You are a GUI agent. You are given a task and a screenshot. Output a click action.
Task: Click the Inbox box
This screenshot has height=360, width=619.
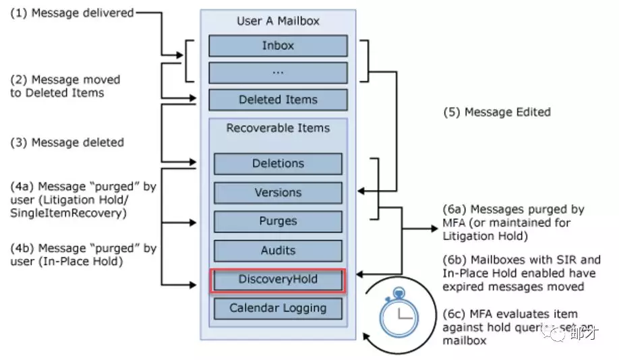[x=278, y=46]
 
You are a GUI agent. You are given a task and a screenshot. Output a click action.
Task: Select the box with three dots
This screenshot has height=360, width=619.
[x=278, y=72]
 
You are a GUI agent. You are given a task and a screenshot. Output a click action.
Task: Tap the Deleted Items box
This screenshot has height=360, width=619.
[x=278, y=100]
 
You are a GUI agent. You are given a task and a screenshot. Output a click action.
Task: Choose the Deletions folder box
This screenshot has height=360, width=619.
[x=278, y=164]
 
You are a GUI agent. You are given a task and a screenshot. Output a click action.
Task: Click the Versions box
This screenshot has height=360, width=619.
[x=278, y=193]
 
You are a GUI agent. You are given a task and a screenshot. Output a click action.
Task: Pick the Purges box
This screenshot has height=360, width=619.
[x=278, y=221]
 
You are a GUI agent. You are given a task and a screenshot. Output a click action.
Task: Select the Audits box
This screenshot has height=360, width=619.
[x=278, y=251]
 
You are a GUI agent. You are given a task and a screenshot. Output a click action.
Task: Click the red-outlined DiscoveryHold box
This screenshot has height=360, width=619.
[x=278, y=280]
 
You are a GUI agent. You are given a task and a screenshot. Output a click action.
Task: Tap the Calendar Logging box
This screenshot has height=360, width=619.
[x=278, y=309]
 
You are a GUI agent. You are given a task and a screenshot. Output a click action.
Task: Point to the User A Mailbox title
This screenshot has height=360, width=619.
[x=278, y=21]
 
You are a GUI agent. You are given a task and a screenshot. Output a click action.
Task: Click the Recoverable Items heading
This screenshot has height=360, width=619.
[x=278, y=128]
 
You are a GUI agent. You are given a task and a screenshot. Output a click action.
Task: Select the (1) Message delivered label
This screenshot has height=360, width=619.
[x=71, y=12]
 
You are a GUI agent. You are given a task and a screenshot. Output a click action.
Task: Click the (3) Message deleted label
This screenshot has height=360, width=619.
[x=67, y=143]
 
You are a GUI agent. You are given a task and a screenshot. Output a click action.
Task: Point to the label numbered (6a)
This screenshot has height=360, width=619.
[x=454, y=210]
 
